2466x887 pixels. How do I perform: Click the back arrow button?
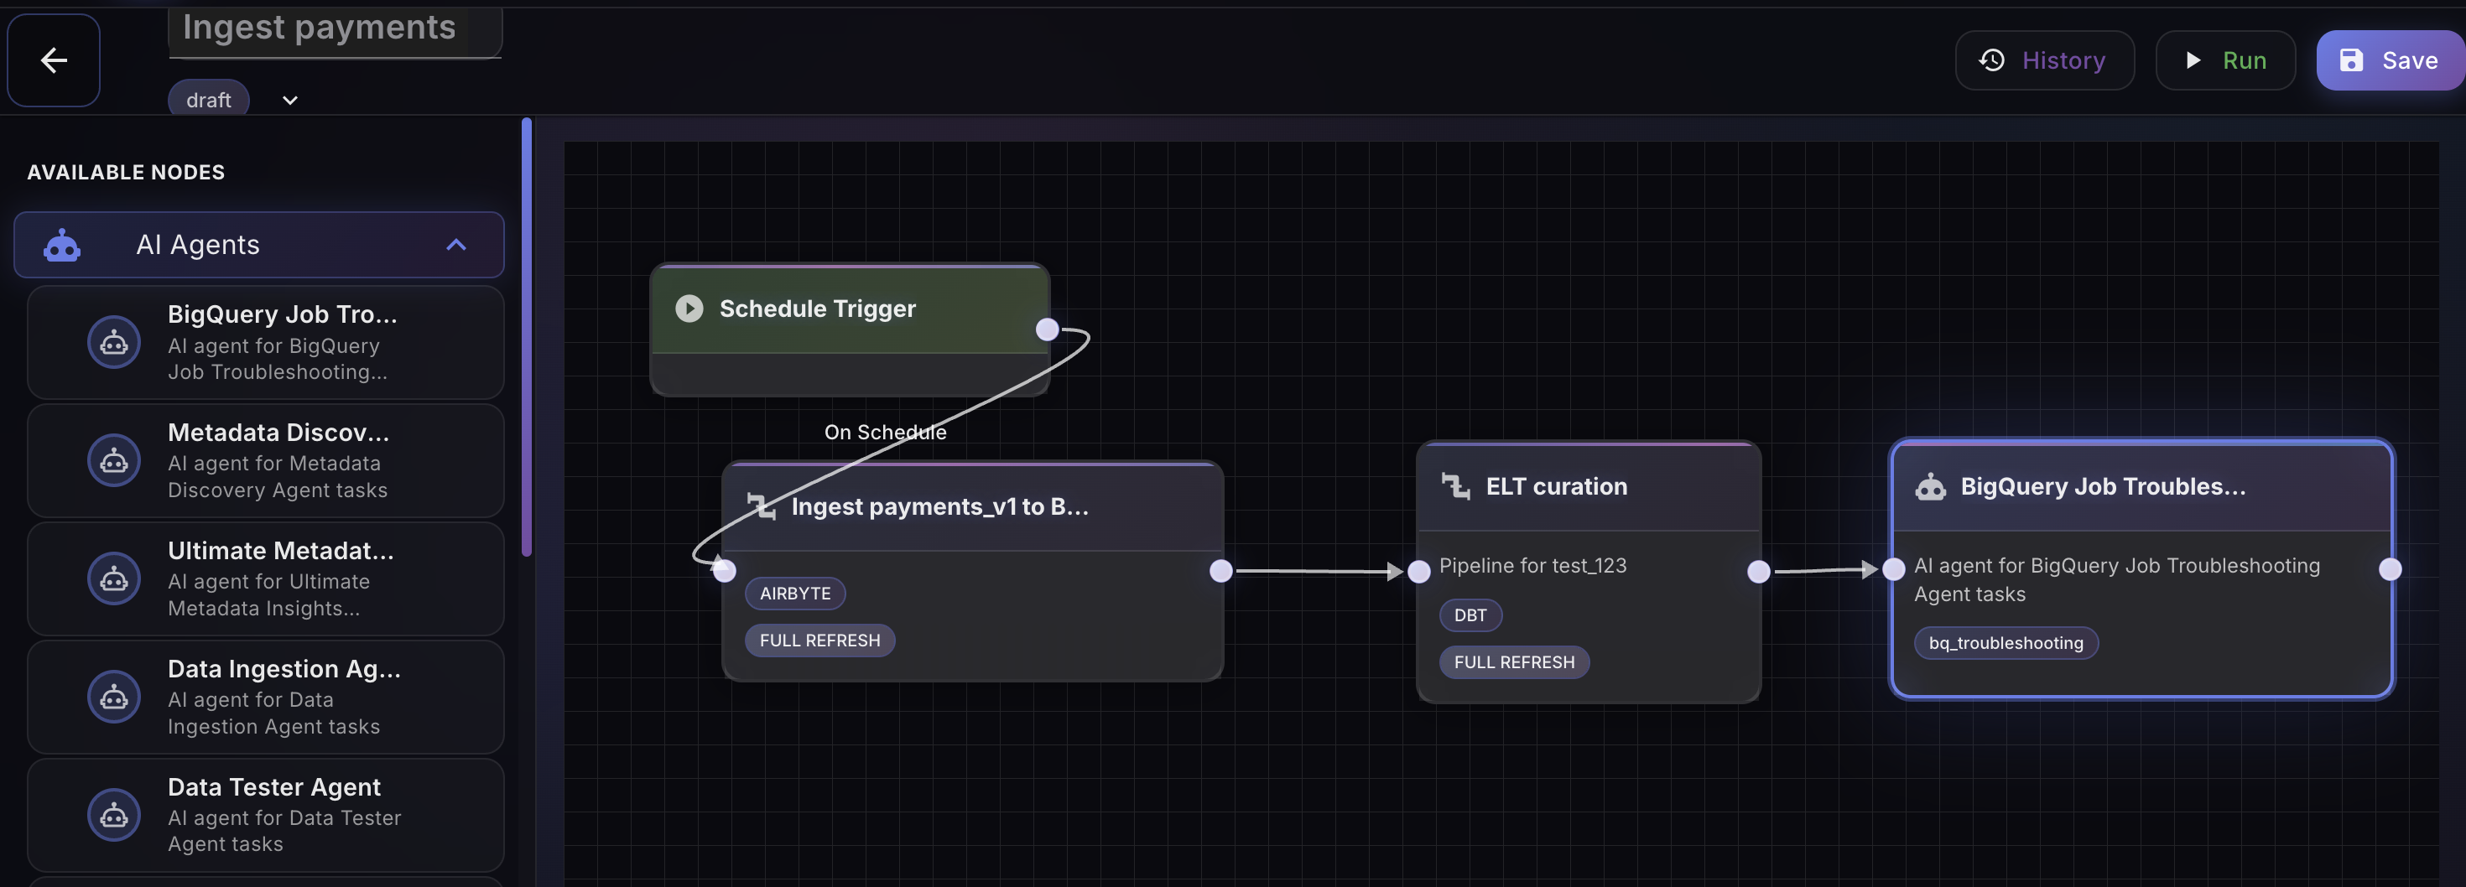54,60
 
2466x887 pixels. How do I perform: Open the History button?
2044,60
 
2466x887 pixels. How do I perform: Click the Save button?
2390,60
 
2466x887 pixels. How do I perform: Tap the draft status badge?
209,100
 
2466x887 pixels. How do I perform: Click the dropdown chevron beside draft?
290,101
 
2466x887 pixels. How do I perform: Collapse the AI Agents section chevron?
455,245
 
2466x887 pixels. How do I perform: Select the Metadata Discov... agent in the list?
266,460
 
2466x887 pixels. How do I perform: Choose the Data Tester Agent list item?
266,814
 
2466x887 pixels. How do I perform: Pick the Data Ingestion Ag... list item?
266,697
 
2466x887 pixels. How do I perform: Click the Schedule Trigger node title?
817,309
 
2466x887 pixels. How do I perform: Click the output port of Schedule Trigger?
1048,330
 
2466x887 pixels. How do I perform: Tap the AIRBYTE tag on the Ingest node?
794,594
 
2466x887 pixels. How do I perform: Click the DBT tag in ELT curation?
1470,615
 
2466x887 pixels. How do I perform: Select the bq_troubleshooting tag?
2006,643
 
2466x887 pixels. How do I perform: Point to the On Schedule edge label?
885,433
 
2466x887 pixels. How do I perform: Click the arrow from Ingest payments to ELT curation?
1319,571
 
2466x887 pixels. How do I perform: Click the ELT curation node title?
1556,487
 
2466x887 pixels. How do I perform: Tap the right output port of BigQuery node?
2390,569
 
